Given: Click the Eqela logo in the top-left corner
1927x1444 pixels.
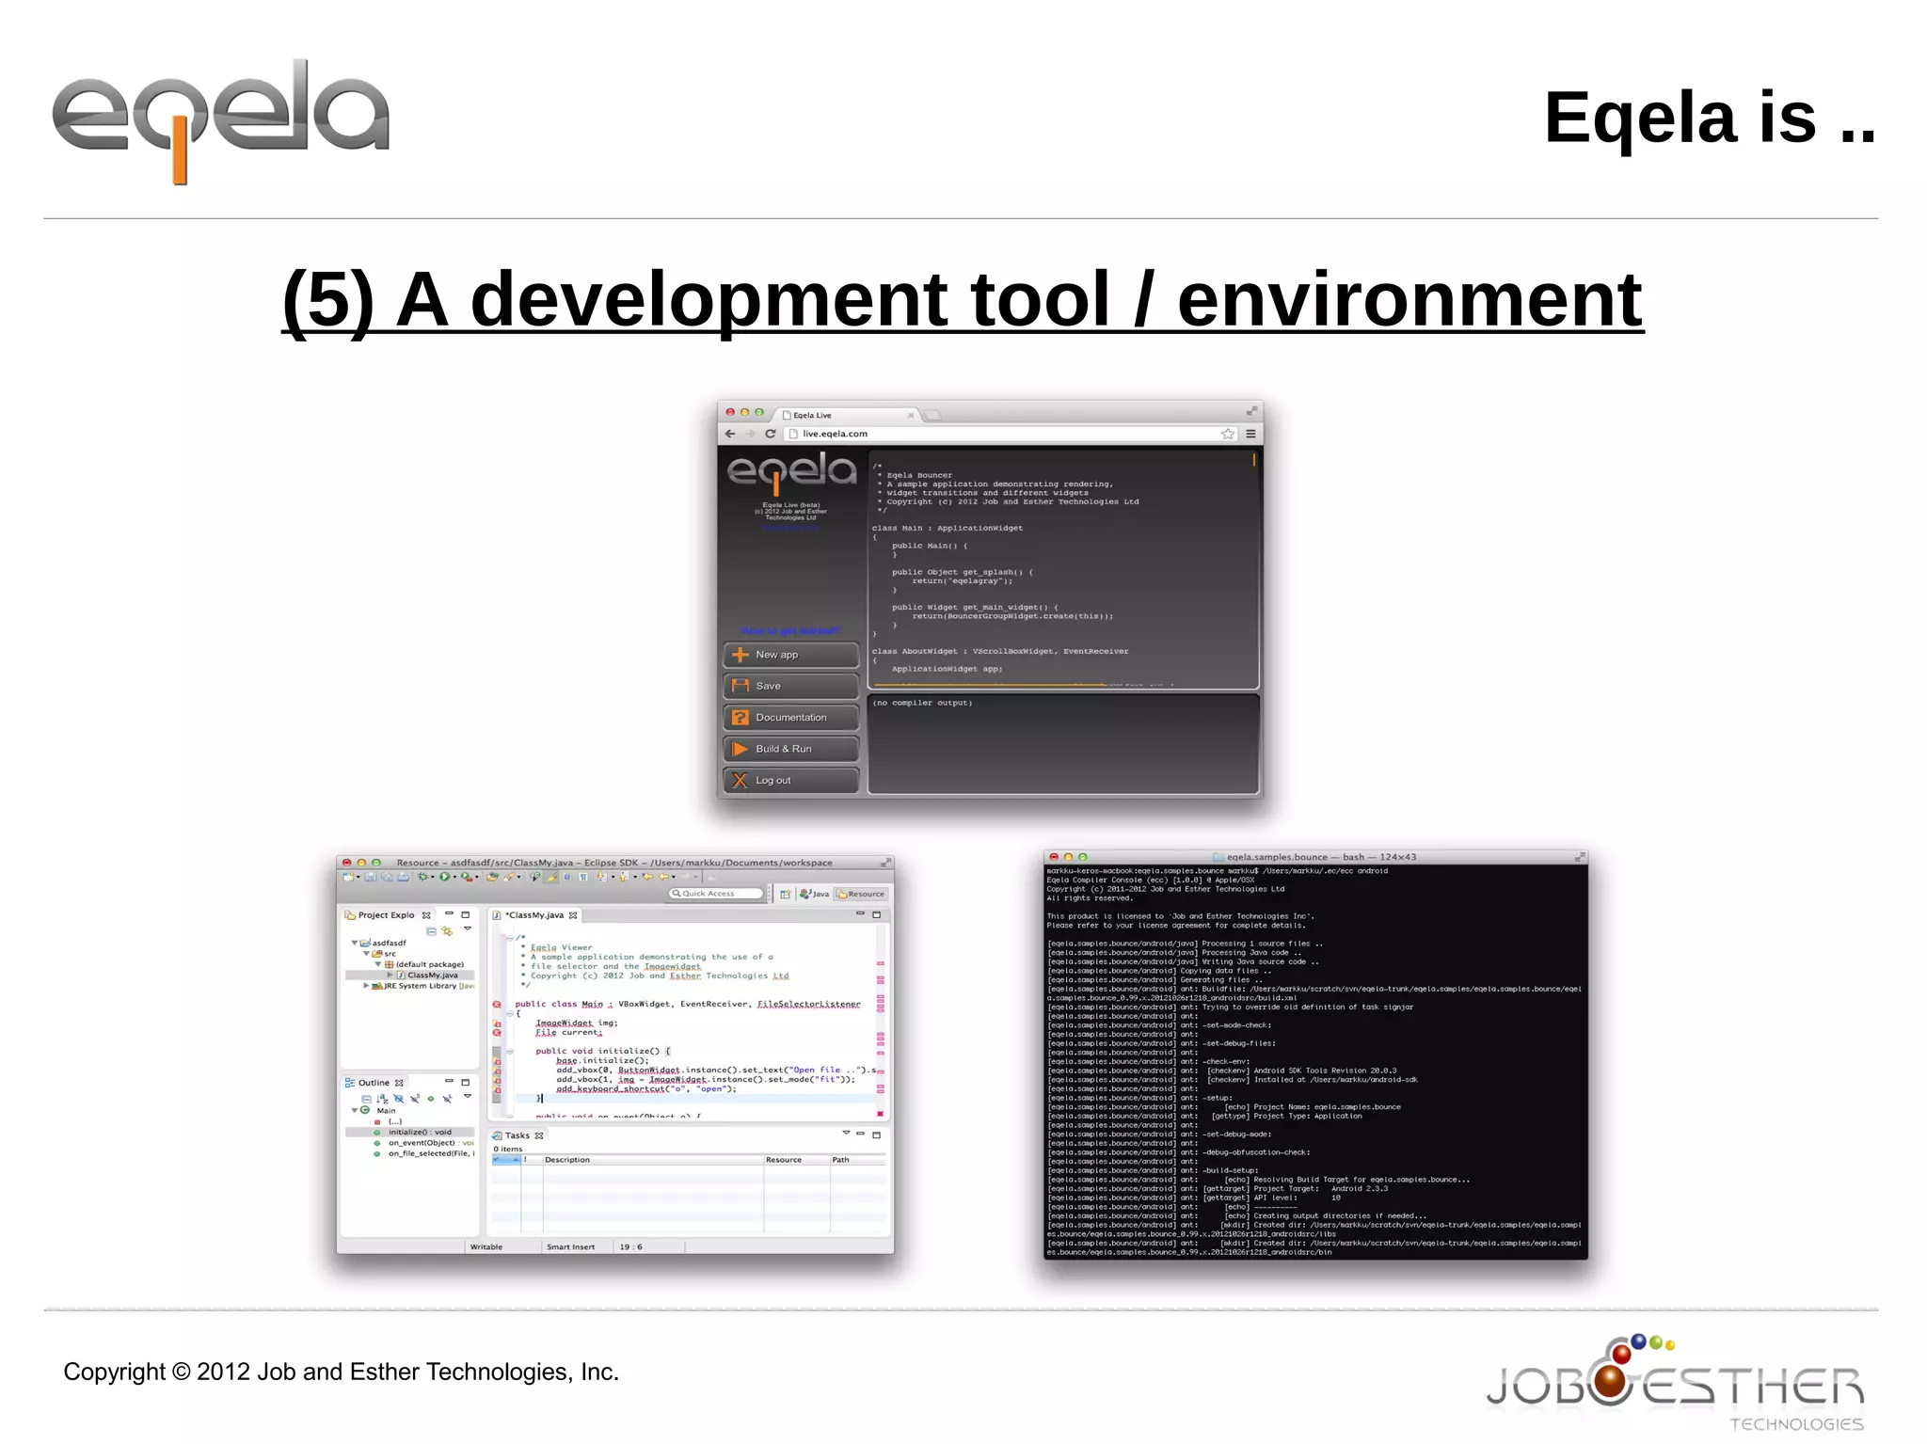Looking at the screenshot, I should [221, 118].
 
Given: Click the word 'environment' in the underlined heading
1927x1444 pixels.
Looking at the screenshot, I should [1409, 299].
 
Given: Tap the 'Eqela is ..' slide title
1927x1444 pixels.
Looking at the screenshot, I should [1709, 119].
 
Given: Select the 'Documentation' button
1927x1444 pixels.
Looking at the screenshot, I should [790, 718].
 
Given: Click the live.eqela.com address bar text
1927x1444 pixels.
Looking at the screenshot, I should [835, 434].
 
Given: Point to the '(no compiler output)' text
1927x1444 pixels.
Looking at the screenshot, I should [922, 703].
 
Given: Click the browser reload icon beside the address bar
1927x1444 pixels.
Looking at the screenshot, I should [771, 434].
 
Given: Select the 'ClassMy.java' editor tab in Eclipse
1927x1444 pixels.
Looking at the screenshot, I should [534, 915].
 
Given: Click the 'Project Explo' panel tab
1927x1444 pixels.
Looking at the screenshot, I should [386, 915].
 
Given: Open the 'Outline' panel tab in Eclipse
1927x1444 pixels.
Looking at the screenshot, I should [373, 1083].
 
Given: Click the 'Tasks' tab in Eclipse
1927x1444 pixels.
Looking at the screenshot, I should [517, 1135].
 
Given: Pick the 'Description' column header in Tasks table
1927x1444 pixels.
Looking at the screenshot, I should [567, 1160].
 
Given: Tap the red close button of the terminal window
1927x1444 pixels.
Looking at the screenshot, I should [1054, 857].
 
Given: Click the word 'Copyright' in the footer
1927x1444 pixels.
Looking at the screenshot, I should [113, 1372].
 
